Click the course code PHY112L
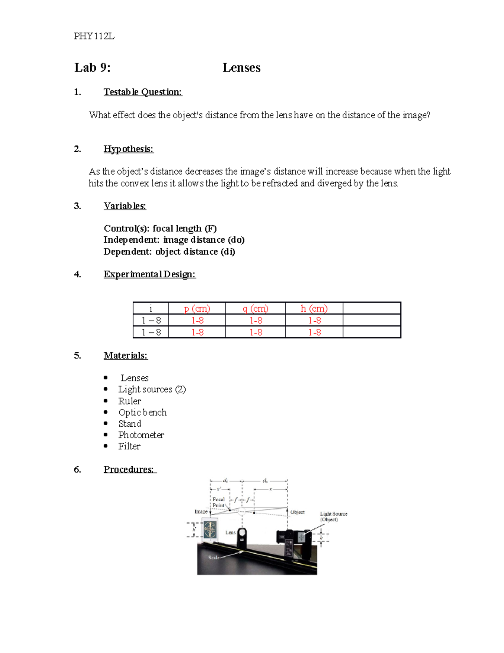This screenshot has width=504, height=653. [x=94, y=36]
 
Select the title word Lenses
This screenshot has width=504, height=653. [x=241, y=68]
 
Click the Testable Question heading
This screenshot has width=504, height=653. [x=143, y=92]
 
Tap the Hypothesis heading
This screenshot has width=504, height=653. [x=129, y=149]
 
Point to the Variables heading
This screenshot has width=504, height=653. [x=125, y=206]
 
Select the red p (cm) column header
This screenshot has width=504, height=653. [x=197, y=309]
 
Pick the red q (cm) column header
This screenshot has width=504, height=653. [x=255, y=309]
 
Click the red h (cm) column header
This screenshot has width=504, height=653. [x=314, y=309]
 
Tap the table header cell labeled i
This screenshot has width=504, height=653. [x=151, y=309]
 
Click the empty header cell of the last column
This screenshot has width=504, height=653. [x=372, y=309]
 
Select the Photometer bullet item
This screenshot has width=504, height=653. [x=141, y=435]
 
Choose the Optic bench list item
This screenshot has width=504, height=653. [x=142, y=412]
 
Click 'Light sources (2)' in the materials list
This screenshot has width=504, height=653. [x=152, y=389]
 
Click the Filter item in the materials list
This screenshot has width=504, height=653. [x=129, y=446]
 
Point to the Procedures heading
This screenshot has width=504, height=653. [x=129, y=469]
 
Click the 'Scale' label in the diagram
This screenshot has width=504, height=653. [x=214, y=557]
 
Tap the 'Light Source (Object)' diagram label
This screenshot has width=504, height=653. [x=333, y=516]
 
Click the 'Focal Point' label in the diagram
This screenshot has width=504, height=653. [x=218, y=502]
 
